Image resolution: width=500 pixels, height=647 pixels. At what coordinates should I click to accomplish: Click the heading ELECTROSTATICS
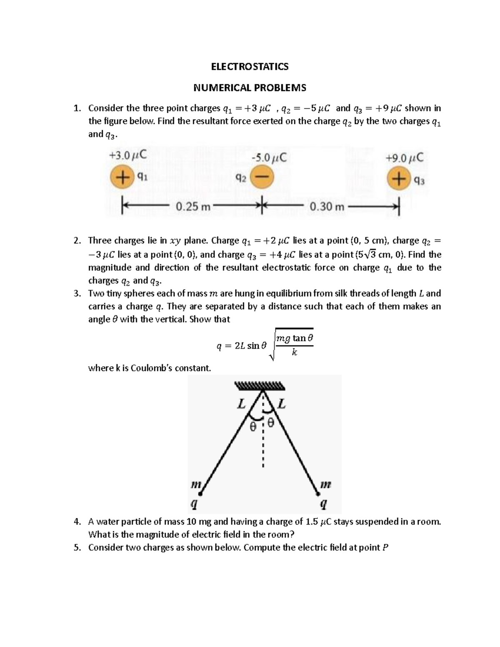click(250, 67)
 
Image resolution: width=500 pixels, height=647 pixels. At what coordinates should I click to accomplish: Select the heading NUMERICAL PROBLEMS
click(250, 88)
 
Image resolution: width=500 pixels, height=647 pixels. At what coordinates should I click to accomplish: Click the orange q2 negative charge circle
click(262, 177)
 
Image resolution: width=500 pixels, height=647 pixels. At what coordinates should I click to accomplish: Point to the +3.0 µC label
click(127, 155)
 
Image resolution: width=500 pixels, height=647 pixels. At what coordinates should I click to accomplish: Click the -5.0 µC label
click(269, 157)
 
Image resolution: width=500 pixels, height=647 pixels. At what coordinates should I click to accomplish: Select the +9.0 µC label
click(404, 158)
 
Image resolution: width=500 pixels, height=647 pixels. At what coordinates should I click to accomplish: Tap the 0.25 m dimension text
click(193, 206)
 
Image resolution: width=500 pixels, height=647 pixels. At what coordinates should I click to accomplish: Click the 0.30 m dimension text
click(327, 206)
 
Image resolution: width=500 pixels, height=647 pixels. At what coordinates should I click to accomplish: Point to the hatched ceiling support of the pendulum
click(260, 385)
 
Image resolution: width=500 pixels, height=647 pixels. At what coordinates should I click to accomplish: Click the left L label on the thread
click(241, 404)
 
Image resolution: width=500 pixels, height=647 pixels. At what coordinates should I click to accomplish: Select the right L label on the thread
click(282, 404)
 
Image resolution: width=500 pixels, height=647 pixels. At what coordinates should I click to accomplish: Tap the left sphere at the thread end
click(200, 494)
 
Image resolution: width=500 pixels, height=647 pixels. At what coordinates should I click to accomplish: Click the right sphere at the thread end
click(318, 494)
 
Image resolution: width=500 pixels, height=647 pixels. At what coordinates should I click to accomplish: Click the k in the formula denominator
click(294, 352)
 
